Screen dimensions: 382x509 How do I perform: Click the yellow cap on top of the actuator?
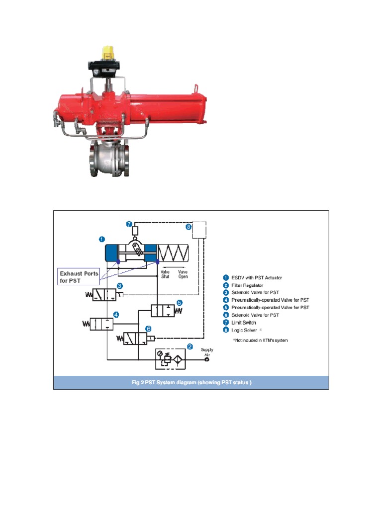tap(106, 52)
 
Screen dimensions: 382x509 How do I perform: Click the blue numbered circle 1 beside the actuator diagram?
tap(102, 239)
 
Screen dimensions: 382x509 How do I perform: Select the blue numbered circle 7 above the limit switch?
tap(129, 224)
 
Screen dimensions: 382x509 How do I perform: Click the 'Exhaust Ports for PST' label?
tap(79, 277)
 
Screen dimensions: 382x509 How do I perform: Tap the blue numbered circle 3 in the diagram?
tap(120, 286)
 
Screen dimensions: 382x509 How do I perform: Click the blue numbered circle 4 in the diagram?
tap(116, 314)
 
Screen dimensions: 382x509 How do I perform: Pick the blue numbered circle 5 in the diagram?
tap(180, 302)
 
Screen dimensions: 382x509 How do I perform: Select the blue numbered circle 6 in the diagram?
tap(148, 329)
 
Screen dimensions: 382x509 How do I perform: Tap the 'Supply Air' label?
tap(207, 352)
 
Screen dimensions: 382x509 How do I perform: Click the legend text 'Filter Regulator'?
tap(253, 285)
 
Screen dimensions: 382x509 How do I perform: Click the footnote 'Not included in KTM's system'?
tap(260, 340)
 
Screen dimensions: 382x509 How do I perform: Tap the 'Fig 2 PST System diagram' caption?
tap(191, 382)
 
